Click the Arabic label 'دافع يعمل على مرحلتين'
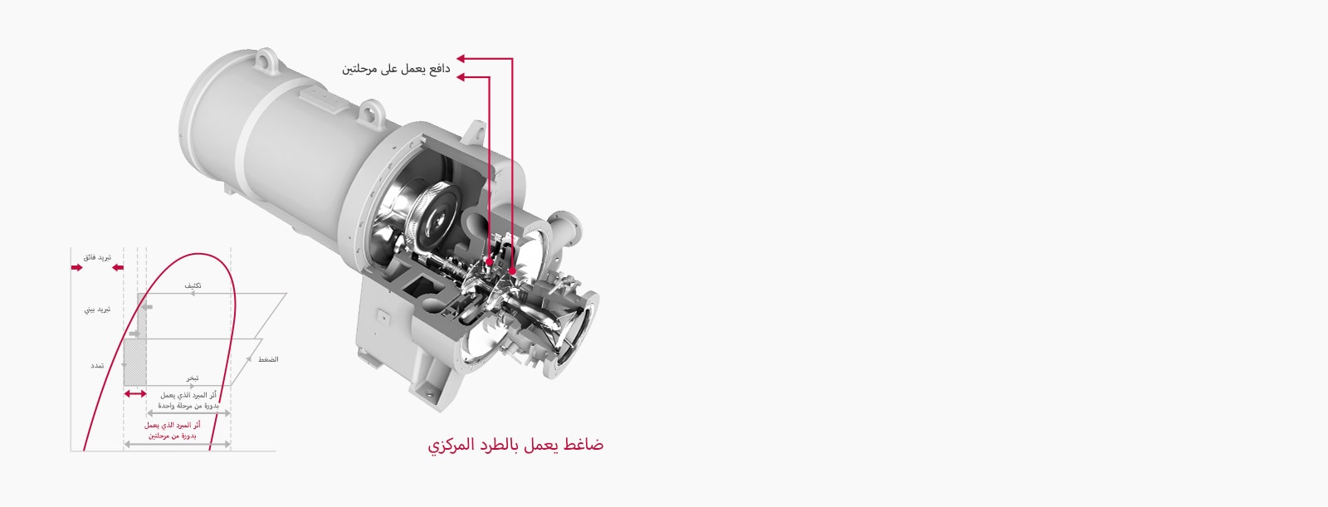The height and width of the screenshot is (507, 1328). tap(396, 69)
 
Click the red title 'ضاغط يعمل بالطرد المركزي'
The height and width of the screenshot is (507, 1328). tap(515, 445)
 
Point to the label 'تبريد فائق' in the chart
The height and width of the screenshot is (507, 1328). tap(98, 257)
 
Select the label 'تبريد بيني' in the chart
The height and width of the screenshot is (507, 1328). tap(97, 310)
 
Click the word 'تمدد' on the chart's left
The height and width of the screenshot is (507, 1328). tap(97, 366)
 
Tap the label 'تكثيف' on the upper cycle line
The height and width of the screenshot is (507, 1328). tap(193, 285)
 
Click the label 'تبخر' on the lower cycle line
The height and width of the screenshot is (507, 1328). tap(192, 378)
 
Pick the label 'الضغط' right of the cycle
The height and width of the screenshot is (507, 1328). tap(267, 359)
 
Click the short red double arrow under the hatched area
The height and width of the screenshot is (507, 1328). tap(134, 394)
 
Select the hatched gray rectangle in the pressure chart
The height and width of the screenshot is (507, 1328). tap(134, 363)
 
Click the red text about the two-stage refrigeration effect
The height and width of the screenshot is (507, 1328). tap(173, 431)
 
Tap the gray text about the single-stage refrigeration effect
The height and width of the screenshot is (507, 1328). tap(188, 401)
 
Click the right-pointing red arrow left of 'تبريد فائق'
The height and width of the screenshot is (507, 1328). tap(77, 267)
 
